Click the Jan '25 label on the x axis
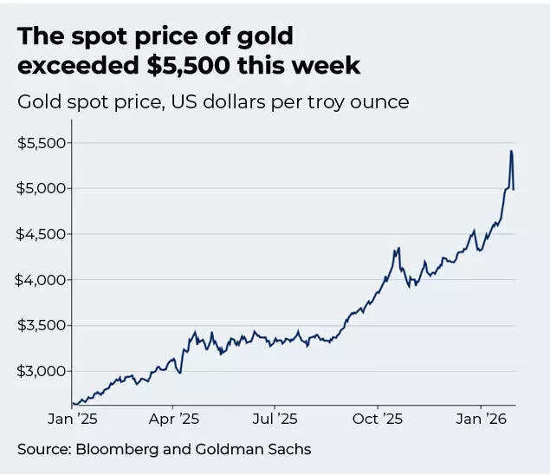[x=73, y=419]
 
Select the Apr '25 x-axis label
[x=173, y=419]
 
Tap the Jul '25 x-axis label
[x=275, y=419]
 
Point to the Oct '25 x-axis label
[x=378, y=419]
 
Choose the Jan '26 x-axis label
[x=482, y=419]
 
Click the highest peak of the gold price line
[x=511, y=151]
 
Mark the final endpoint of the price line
[x=514, y=189]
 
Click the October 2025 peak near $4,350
[x=398, y=249]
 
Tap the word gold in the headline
[x=264, y=36]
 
